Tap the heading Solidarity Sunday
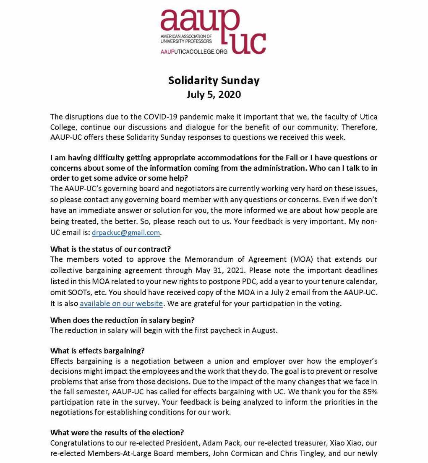214,80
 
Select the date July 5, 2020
214,94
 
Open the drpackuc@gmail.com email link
126,232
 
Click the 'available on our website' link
121,303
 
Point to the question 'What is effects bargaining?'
97,351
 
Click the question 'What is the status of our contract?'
110,249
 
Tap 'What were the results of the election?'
117,432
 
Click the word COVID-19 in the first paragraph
162,116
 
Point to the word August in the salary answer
264,330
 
